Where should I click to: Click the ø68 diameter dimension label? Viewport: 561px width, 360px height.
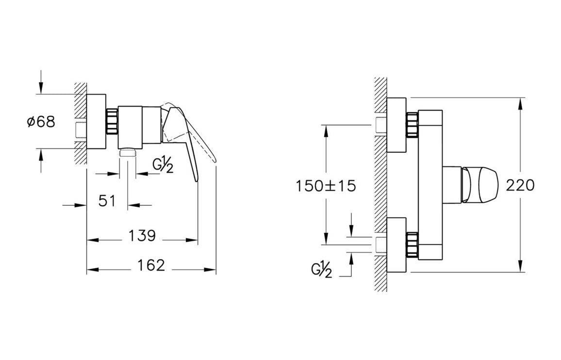click(41, 121)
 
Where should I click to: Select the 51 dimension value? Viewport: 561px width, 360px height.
click(107, 200)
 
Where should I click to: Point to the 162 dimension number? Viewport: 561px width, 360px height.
click(151, 265)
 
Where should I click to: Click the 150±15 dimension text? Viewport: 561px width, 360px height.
click(326, 185)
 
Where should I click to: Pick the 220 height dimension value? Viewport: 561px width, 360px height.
click(520, 185)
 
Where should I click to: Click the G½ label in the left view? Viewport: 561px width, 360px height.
click(163, 165)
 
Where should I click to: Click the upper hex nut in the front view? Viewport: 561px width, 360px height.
click(412, 125)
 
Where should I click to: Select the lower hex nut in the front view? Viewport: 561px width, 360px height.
click(412, 245)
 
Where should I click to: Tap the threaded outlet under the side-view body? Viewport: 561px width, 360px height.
click(128, 152)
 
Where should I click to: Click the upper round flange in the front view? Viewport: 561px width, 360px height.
click(396, 125)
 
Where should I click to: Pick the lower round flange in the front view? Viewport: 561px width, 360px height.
click(396, 245)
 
